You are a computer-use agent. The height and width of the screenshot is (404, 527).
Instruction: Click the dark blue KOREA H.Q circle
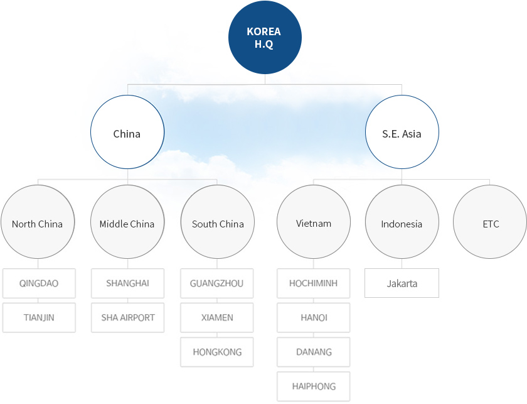(x=264, y=38)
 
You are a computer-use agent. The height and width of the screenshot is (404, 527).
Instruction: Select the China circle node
(x=127, y=133)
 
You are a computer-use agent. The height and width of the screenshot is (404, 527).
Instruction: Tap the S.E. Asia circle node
(x=402, y=133)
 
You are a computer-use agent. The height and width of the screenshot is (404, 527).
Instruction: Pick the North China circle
(x=38, y=223)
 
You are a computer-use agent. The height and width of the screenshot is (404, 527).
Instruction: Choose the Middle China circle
(x=127, y=223)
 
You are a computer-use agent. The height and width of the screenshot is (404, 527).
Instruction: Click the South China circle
(x=218, y=223)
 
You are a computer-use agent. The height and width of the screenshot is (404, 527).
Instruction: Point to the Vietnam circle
(x=314, y=223)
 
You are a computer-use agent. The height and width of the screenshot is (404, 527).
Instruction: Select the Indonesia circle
(x=402, y=223)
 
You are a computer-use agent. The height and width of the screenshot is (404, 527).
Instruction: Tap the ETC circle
(x=490, y=223)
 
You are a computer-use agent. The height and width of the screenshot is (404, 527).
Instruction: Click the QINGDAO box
(x=39, y=283)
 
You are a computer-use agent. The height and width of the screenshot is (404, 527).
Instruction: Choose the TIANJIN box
(x=39, y=317)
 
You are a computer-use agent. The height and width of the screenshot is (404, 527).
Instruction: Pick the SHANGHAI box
(x=128, y=283)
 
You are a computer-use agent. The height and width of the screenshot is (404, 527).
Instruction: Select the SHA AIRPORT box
(x=128, y=317)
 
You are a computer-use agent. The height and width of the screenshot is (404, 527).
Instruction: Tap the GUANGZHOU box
(x=217, y=283)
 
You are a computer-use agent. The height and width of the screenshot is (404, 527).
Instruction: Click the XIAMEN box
(x=217, y=317)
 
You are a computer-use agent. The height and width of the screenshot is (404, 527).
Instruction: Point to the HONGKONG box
(x=217, y=352)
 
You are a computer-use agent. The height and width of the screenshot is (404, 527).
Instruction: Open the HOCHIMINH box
(x=314, y=283)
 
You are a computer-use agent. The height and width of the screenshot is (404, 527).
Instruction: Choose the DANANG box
(x=314, y=352)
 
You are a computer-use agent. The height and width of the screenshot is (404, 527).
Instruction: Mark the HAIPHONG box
(x=314, y=386)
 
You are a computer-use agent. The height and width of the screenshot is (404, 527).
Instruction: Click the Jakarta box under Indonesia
(x=402, y=283)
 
